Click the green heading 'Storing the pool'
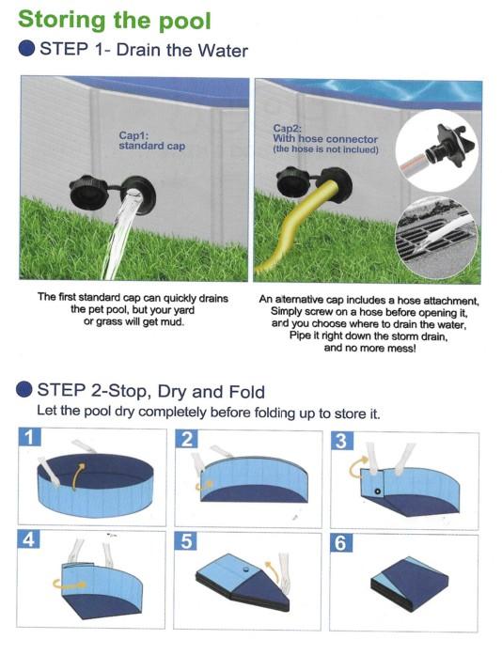pyautogui.click(x=114, y=21)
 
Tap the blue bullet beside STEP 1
pyautogui.click(x=26, y=49)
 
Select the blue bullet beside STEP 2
pyautogui.click(x=24, y=389)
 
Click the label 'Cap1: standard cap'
pyautogui.click(x=151, y=141)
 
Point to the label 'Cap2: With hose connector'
pyautogui.click(x=325, y=134)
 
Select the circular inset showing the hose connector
pyautogui.click(x=438, y=150)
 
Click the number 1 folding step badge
pyautogui.click(x=30, y=438)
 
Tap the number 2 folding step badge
pyautogui.click(x=186, y=440)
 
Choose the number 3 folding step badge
pyautogui.click(x=342, y=441)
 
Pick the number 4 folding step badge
pyautogui.click(x=28, y=539)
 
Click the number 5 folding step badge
pyautogui.click(x=186, y=541)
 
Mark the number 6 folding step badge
pyautogui.click(x=341, y=543)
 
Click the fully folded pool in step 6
pyautogui.click(x=410, y=584)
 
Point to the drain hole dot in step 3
pyautogui.click(x=378, y=491)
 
